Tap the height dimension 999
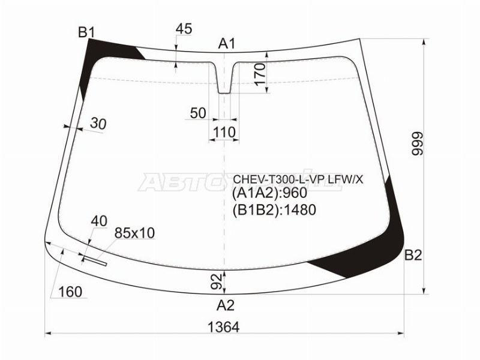[418, 144]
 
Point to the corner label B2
[413, 256]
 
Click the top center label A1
[226, 43]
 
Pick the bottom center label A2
[226, 305]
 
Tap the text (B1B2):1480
[274, 209]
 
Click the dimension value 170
[259, 76]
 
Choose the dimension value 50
[198, 113]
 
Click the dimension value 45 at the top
[184, 29]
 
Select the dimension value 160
[70, 292]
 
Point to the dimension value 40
[99, 221]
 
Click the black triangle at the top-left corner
[111, 48]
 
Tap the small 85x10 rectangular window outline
[94, 261]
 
